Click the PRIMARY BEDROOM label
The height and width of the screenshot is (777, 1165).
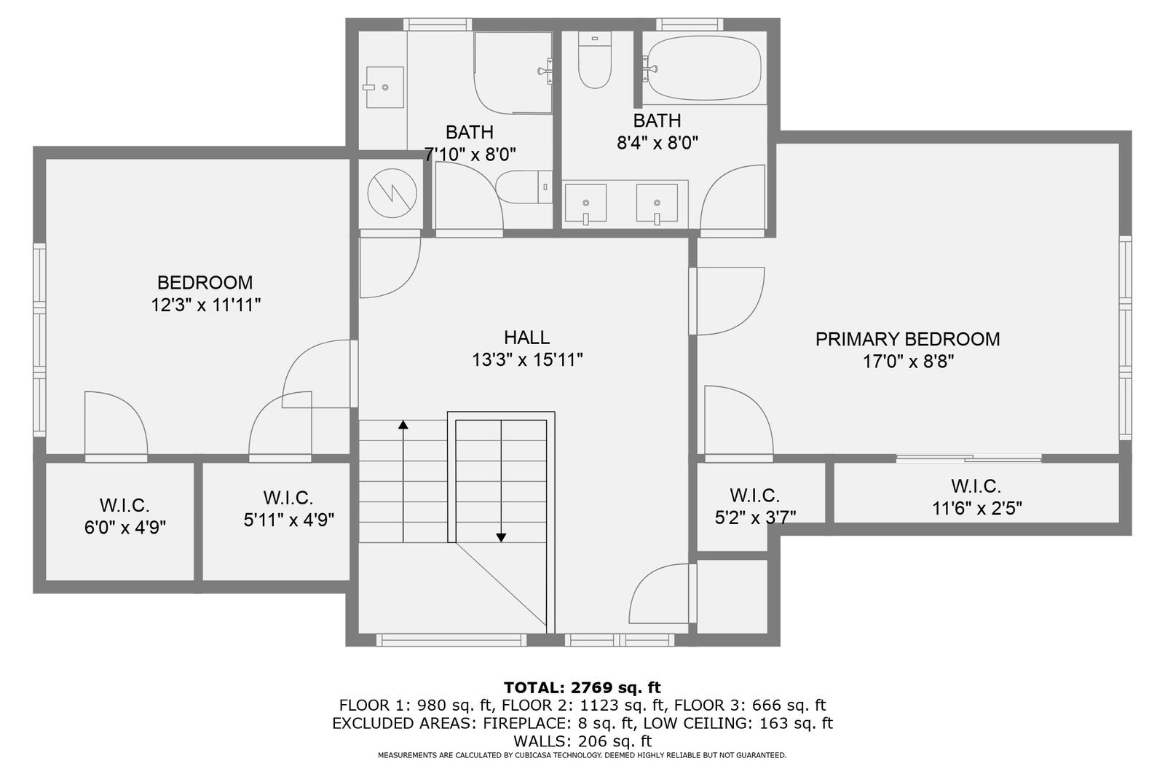(x=907, y=339)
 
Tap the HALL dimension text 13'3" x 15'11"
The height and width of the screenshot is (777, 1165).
(x=527, y=359)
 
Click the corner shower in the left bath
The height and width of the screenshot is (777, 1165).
(x=513, y=73)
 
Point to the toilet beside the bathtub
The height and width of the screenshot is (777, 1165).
(x=594, y=61)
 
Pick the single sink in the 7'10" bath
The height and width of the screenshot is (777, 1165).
(x=384, y=87)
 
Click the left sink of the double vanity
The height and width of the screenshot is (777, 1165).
(x=585, y=203)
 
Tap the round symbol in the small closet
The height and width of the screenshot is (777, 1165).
(x=392, y=193)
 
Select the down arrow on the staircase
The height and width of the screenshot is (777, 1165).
(x=501, y=536)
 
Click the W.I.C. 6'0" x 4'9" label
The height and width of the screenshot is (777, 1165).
(x=125, y=516)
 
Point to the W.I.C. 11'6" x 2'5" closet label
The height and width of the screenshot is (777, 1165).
(x=976, y=497)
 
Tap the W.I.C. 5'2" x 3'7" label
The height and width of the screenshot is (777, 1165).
(x=755, y=507)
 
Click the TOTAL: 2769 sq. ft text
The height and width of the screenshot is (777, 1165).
(x=582, y=687)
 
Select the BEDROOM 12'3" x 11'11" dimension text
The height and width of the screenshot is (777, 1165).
(x=205, y=305)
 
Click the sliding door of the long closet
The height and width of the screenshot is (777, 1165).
(x=968, y=458)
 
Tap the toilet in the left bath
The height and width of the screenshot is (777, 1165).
(x=524, y=187)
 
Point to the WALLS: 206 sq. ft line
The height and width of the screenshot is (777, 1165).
(x=582, y=741)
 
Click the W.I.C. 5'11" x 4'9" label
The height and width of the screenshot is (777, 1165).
(x=288, y=509)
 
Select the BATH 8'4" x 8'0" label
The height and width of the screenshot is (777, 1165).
(x=657, y=131)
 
